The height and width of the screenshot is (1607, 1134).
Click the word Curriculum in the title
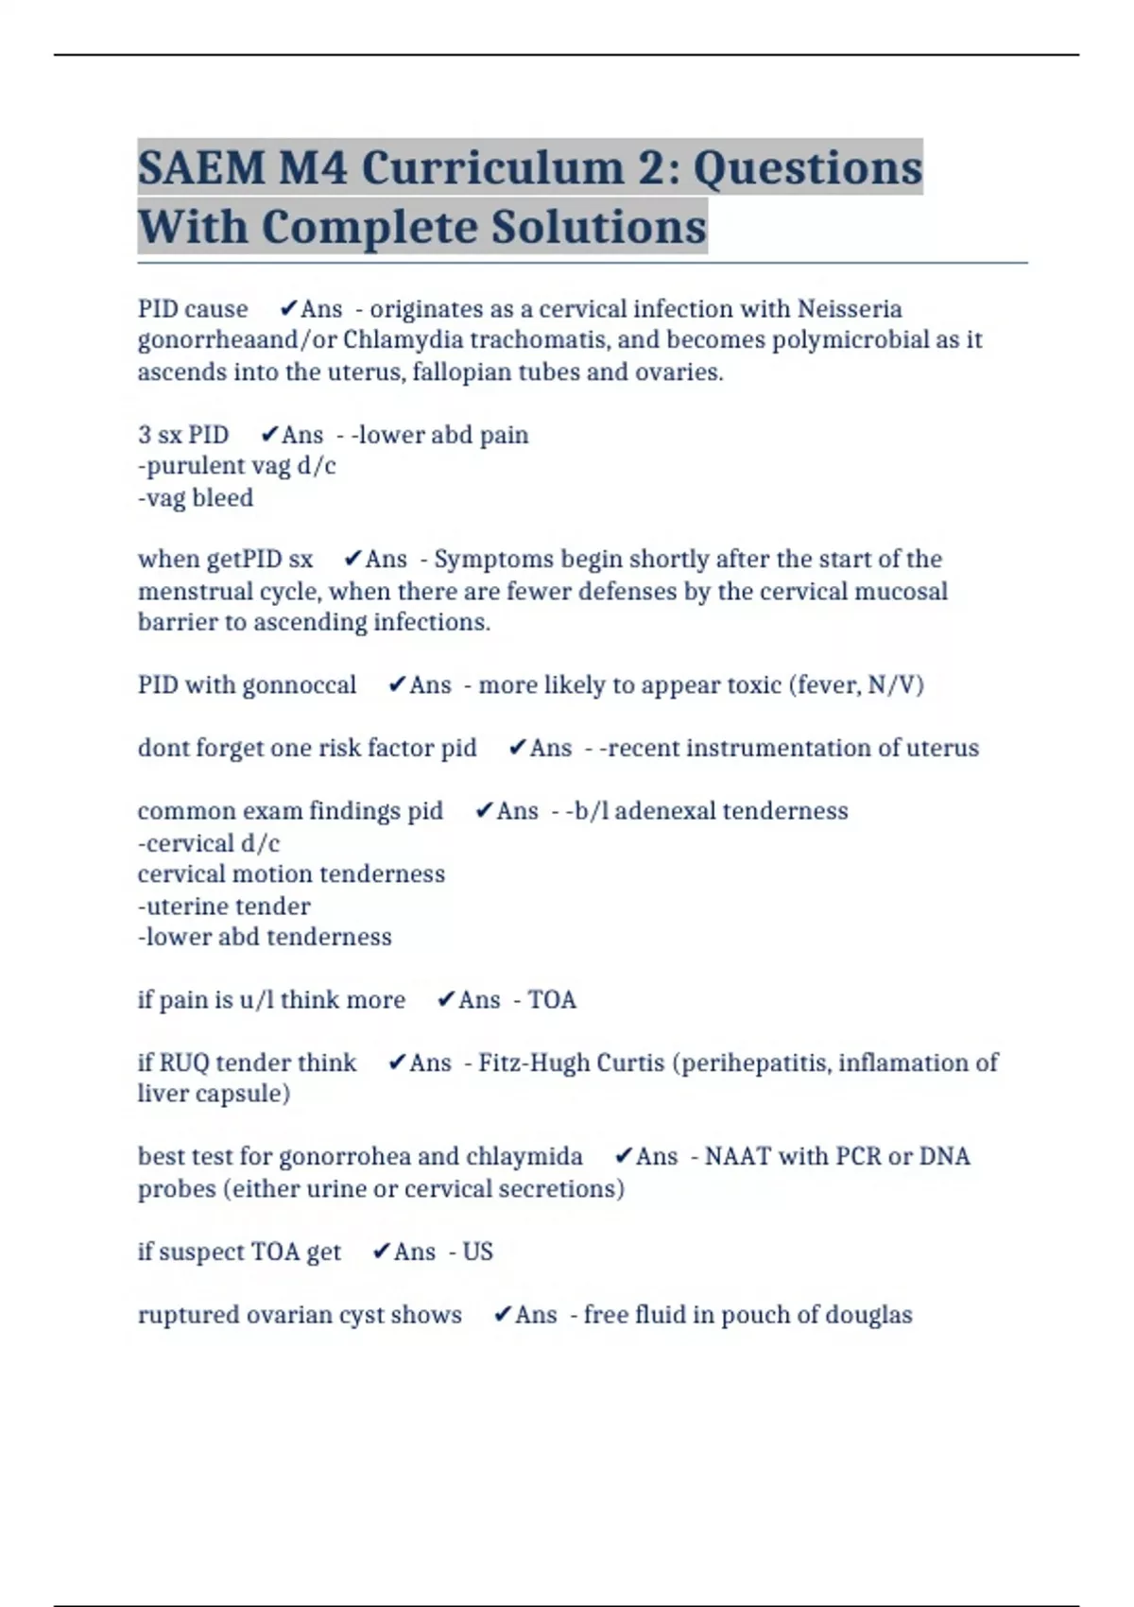(x=492, y=168)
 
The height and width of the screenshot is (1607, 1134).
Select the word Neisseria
(x=850, y=309)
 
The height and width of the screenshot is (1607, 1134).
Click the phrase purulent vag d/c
(x=238, y=466)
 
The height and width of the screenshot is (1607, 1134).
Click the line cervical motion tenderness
(x=291, y=874)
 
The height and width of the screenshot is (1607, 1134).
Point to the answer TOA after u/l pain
(x=552, y=1000)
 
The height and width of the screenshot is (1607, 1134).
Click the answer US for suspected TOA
(x=477, y=1253)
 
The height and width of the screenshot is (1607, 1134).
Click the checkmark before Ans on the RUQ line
(x=397, y=1063)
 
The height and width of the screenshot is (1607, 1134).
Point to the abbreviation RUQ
(x=183, y=1063)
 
